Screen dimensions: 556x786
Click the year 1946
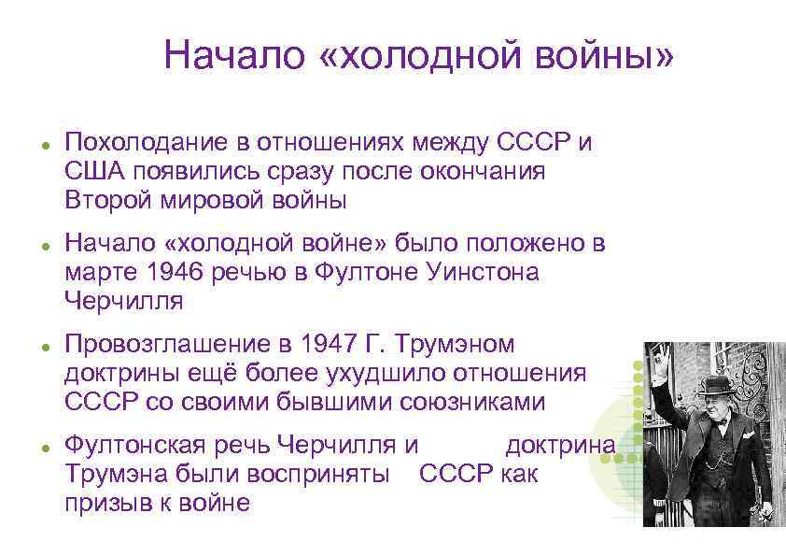tap(171, 273)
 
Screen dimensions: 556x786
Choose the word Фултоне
tap(339, 273)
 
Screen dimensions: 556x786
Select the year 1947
tap(319, 345)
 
